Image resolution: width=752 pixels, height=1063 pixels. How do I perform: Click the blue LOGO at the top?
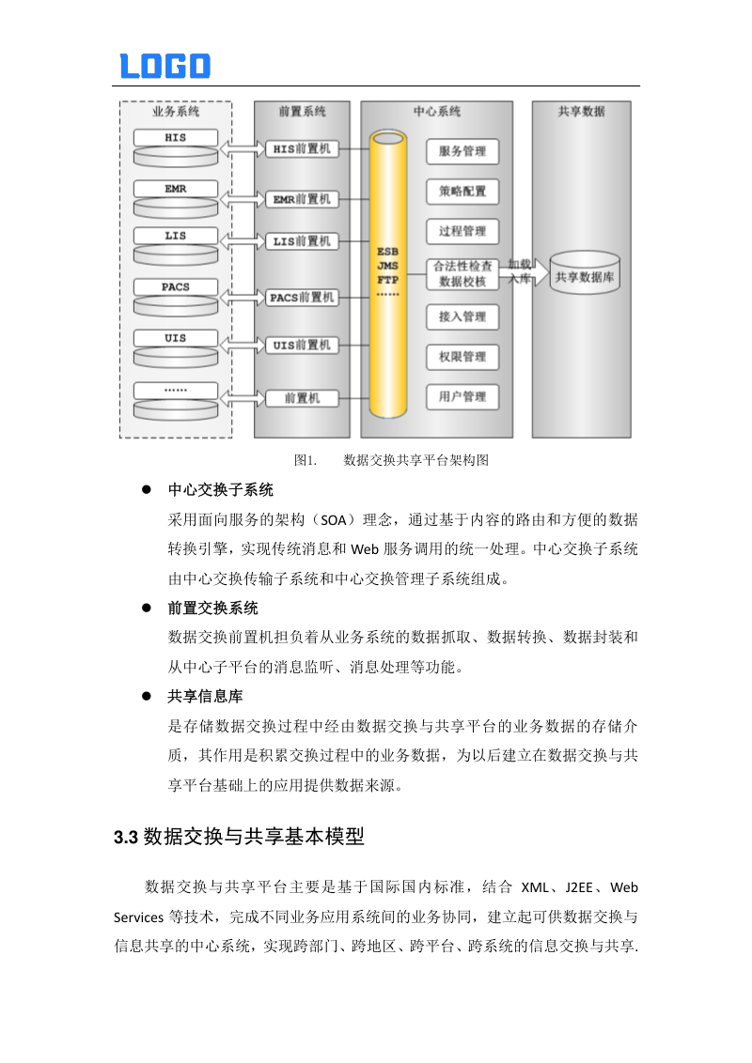pyautogui.click(x=165, y=66)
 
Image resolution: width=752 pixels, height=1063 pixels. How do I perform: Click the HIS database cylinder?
pyautogui.click(x=176, y=143)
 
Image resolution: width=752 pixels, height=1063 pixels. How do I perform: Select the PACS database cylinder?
pyautogui.click(x=176, y=296)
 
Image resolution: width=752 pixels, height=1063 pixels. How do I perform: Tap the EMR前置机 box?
pyautogui.click(x=302, y=199)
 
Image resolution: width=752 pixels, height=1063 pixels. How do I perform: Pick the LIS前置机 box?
pyautogui.click(x=302, y=241)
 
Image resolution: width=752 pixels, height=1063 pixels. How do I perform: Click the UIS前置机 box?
pyautogui.click(x=302, y=346)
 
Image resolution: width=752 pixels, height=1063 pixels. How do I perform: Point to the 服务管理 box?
pyautogui.click(x=462, y=151)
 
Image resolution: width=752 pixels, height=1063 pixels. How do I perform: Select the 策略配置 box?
pyautogui.click(x=462, y=192)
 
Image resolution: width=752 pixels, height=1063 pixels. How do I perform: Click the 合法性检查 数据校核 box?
pyautogui.click(x=462, y=273)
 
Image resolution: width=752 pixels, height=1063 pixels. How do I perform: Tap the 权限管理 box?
pyautogui.click(x=462, y=357)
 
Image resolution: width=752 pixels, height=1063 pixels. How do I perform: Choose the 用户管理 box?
pyautogui.click(x=462, y=397)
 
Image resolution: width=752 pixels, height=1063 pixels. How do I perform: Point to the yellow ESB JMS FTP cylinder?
pyautogui.click(x=388, y=272)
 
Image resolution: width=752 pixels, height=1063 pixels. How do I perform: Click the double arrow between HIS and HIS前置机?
pyautogui.click(x=243, y=147)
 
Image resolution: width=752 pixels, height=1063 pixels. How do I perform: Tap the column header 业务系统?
pyautogui.click(x=176, y=111)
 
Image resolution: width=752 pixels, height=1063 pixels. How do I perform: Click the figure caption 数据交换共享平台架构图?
pyautogui.click(x=416, y=460)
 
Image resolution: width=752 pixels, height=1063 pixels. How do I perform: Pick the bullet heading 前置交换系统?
pyautogui.click(x=212, y=608)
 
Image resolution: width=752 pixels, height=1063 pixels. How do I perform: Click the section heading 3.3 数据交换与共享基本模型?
pyautogui.click(x=239, y=836)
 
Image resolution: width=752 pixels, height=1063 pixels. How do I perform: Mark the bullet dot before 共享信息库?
pyautogui.click(x=147, y=696)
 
